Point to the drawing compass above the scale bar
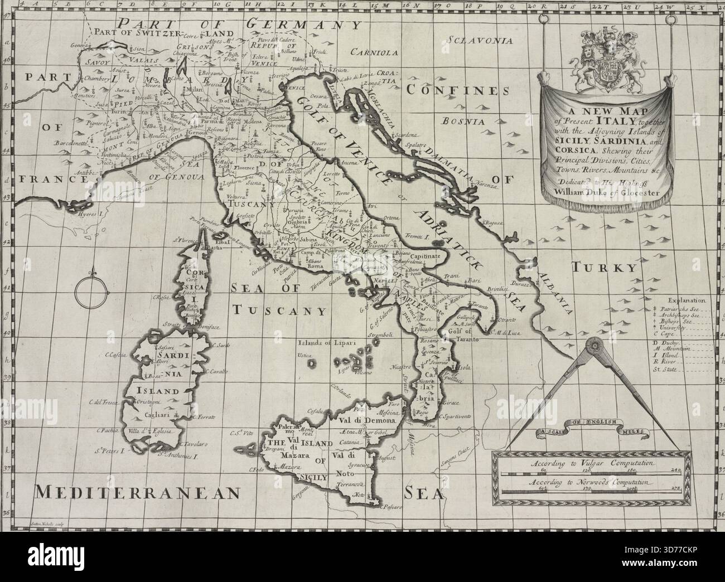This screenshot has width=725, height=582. tap(594, 390)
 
